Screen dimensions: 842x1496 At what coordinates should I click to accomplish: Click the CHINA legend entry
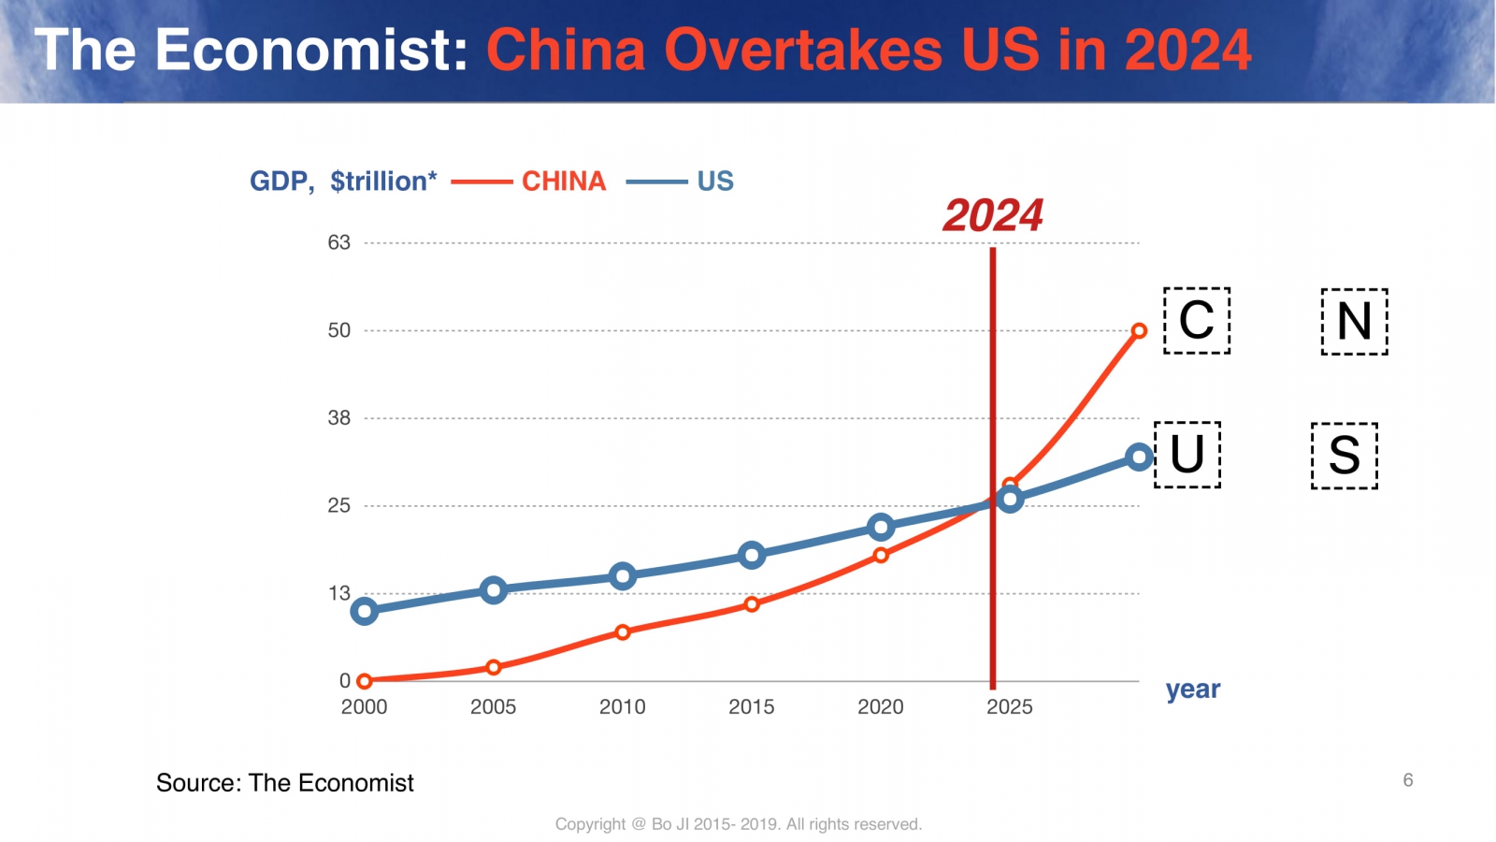pyautogui.click(x=563, y=181)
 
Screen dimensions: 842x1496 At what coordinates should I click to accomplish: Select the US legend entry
pyautogui.click(x=714, y=181)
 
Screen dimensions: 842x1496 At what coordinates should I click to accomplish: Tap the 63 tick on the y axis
pyautogui.click(x=338, y=242)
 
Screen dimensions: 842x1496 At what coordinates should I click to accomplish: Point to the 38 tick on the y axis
pyautogui.click(x=338, y=418)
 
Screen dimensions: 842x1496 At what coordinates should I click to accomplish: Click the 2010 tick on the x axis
pyautogui.click(x=622, y=706)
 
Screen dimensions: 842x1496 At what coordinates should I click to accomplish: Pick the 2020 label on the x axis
pyautogui.click(x=880, y=706)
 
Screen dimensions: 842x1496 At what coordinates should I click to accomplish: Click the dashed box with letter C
pyautogui.click(x=1197, y=321)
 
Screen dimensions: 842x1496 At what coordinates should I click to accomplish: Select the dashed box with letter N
pyautogui.click(x=1354, y=322)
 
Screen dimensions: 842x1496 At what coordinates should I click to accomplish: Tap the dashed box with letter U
pyautogui.click(x=1187, y=455)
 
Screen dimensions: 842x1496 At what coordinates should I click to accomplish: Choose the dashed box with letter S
pyautogui.click(x=1345, y=456)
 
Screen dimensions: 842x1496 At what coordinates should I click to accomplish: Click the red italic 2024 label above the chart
pyautogui.click(x=992, y=215)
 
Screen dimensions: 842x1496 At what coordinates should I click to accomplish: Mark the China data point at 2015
pyautogui.click(x=752, y=603)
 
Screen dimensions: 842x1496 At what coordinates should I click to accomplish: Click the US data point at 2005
pyautogui.click(x=493, y=589)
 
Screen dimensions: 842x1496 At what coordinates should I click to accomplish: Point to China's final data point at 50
pyautogui.click(x=1139, y=330)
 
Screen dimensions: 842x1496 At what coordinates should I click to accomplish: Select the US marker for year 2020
pyautogui.click(x=880, y=527)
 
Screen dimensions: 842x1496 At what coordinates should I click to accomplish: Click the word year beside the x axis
pyautogui.click(x=1192, y=690)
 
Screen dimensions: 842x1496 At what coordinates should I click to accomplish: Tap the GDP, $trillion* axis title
pyautogui.click(x=343, y=181)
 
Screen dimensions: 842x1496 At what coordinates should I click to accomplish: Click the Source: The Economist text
pyautogui.click(x=284, y=782)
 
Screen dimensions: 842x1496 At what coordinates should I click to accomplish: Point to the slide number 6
pyautogui.click(x=1407, y=779)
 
